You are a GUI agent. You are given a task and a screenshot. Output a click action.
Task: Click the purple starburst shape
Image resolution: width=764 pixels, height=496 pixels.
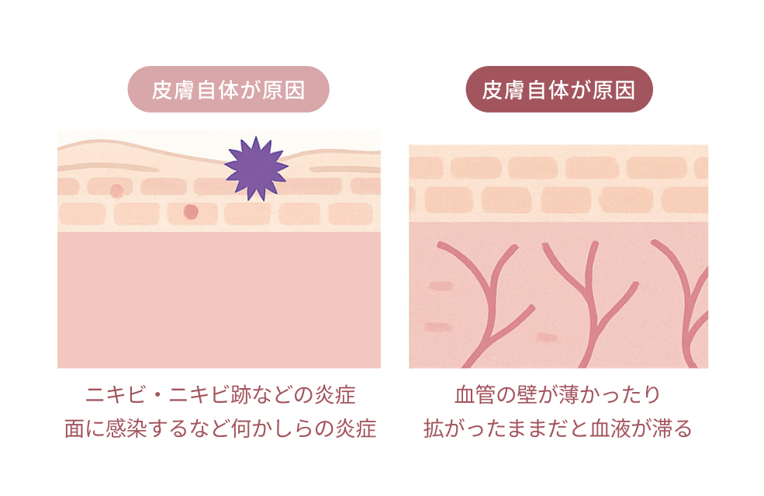[256, 168]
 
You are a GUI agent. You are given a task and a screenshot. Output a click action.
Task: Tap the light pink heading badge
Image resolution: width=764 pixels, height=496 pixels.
[228, 89]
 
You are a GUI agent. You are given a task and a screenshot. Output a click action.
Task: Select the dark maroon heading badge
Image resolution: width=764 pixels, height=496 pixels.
[558, 89]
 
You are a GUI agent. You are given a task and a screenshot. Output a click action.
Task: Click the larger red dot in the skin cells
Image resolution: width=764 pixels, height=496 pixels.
[191, 211]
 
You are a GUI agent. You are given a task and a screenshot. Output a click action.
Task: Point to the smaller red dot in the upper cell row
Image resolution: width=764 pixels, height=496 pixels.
[117, 190]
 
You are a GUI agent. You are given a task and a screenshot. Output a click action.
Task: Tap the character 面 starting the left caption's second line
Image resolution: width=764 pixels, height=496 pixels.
[74, 428]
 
